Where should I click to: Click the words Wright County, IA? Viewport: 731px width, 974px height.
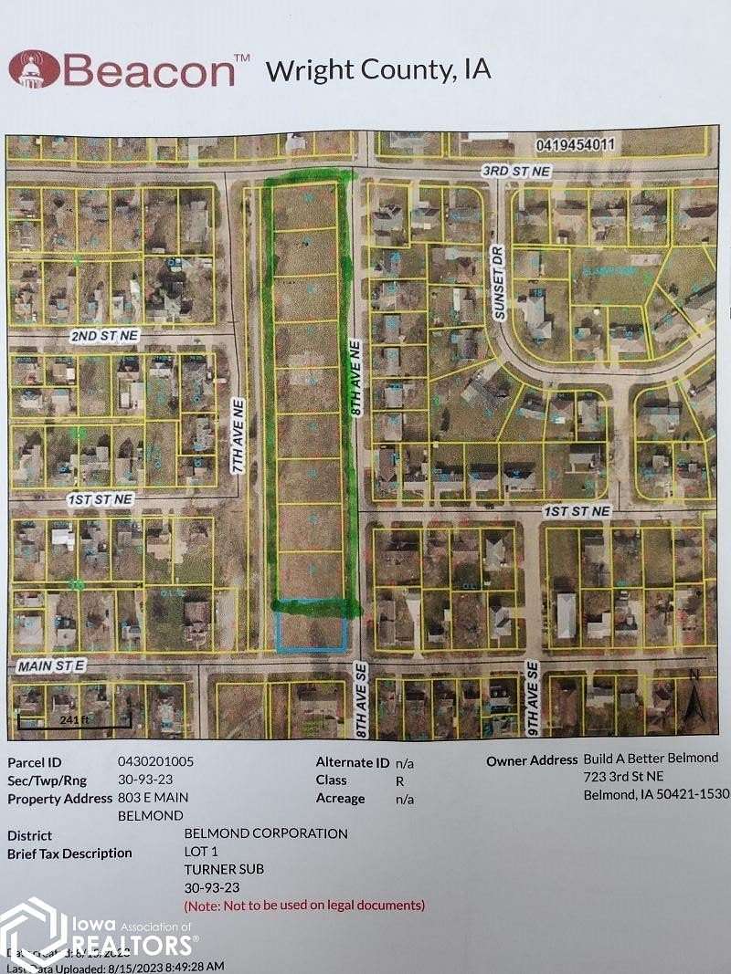[378, 69]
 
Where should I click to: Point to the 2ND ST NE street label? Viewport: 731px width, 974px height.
[104, 336]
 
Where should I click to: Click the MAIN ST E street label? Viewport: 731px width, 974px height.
[51, 667]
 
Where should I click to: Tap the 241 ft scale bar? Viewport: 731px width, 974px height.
[74, 720]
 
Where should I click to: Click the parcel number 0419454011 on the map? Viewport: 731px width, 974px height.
[576, 143]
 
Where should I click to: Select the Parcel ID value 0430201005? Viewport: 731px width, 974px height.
[155, 760]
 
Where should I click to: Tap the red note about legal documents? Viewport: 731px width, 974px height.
[304, 905]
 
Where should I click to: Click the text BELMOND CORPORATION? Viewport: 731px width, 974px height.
[266, 833]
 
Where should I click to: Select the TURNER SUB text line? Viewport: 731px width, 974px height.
[224, 869]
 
